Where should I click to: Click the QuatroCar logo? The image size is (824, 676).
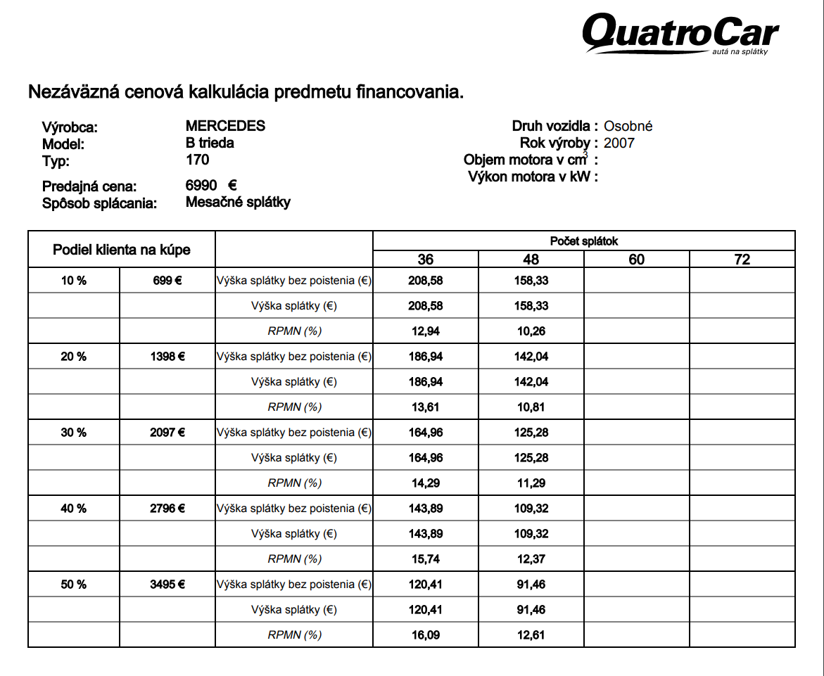(680, 33)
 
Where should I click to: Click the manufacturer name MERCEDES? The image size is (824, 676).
(225, 126)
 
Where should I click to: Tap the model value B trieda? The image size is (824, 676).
(210, 143)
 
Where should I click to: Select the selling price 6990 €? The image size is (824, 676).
(210, 186)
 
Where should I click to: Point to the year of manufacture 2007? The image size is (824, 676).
(619, 143)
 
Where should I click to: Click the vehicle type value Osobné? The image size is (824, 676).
(628, 126)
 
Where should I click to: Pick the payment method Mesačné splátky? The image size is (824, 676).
(238, 202)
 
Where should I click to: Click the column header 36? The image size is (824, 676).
(426, 260)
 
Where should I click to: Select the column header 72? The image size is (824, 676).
(742, 260)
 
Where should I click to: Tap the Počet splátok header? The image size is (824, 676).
(584, 241)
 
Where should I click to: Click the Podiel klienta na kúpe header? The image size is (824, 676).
(122, 250)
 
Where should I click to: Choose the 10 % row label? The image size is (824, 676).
(73, 281)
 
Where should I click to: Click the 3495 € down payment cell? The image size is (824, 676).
(167, 585)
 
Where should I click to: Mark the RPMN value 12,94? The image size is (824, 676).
(426, 331)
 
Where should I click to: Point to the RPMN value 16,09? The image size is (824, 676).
(426, 635)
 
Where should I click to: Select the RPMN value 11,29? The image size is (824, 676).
(531, 483)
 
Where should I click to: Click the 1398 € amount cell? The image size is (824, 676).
(167, 357)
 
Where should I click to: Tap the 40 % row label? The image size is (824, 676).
(73, 509)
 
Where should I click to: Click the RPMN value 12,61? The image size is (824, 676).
(531, 635)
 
